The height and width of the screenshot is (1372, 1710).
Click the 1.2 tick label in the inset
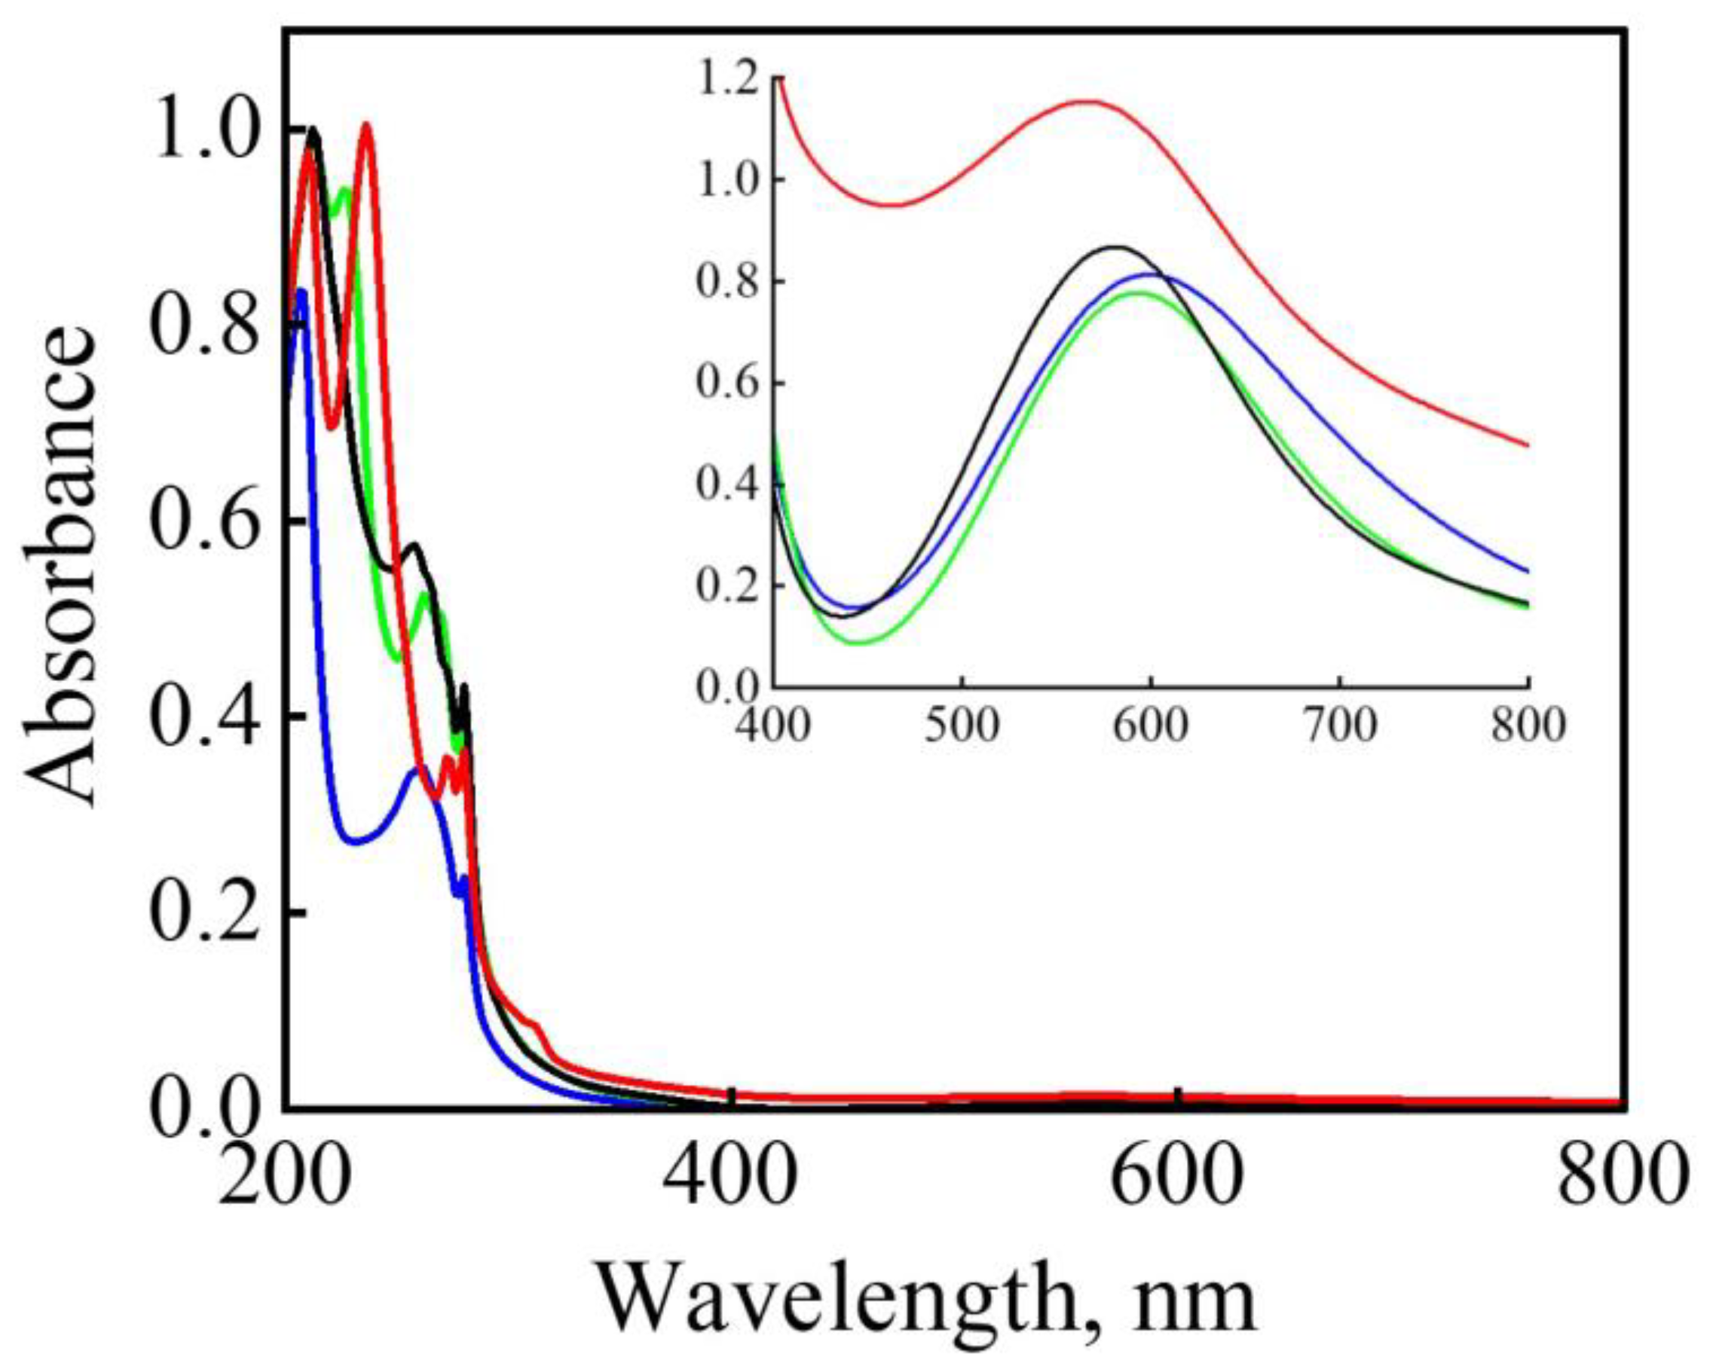(x=728, y=81)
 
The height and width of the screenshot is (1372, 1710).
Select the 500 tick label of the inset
(x=962, y=726)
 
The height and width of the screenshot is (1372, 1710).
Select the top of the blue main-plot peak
(x=301, y=291)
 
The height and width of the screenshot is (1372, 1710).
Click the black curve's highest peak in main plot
(x=315, y=129)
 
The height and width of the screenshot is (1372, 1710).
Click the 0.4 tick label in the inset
(x=728, y=484)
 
